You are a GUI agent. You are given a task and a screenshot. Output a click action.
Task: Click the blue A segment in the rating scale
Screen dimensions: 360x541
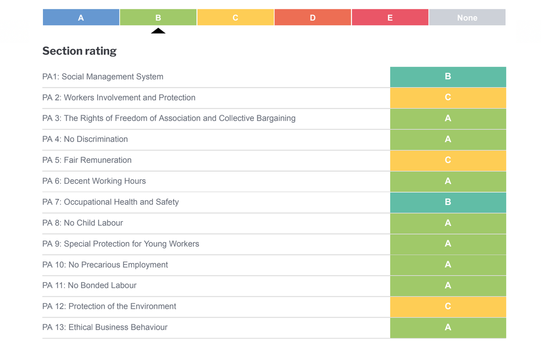click(x=81, y=17)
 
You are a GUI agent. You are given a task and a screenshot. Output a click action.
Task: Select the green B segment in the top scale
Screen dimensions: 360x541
click(x=158, y=17)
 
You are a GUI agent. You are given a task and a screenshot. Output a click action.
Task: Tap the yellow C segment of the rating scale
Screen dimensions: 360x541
click(x=235, y=17)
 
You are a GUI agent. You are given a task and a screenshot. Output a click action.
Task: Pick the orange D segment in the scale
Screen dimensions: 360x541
click(x=312, y=17)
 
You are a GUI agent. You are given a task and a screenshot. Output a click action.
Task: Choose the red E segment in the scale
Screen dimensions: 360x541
click(x=390, y=17)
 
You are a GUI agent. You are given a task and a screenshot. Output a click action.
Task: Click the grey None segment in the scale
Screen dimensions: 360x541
click(x=467, y=17)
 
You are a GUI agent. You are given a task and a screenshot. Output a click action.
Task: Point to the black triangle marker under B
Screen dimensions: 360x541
click(x=158, y=31)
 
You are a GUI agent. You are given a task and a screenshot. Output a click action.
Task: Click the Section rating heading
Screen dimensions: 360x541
click(x=79, y=51)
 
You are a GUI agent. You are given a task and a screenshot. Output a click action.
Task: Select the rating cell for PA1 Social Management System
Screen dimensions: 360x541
click(x=448, y=77)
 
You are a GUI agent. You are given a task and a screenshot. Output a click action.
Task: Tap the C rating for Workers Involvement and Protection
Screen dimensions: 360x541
click(x=448, y=98)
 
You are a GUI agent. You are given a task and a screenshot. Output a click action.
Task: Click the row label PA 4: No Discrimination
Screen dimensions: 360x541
click(x=85, y=139)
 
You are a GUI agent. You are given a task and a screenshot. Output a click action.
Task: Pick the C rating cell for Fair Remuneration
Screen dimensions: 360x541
click(x=448, y=160)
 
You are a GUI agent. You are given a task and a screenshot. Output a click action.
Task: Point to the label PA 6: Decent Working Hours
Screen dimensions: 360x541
click(x=94, y=181)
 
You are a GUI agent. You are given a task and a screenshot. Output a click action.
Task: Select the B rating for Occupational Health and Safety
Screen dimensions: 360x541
click(x=448, y=202)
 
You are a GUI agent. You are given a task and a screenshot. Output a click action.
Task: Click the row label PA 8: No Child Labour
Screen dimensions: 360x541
click(x=83, y=223)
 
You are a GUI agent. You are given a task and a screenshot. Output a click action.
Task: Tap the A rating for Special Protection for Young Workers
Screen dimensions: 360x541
click(x=448, y=244)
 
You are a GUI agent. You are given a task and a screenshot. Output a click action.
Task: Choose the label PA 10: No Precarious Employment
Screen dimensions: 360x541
click(x=105, y=265)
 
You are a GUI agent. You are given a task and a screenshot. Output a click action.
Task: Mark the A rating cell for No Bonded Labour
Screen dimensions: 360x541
click(x=448, y=286)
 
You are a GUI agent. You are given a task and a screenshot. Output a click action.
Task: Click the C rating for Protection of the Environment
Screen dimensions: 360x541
click(x=448, y=307)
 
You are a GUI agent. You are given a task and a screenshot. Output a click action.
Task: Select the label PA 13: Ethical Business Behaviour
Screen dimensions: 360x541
click(x=105, y=327)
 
